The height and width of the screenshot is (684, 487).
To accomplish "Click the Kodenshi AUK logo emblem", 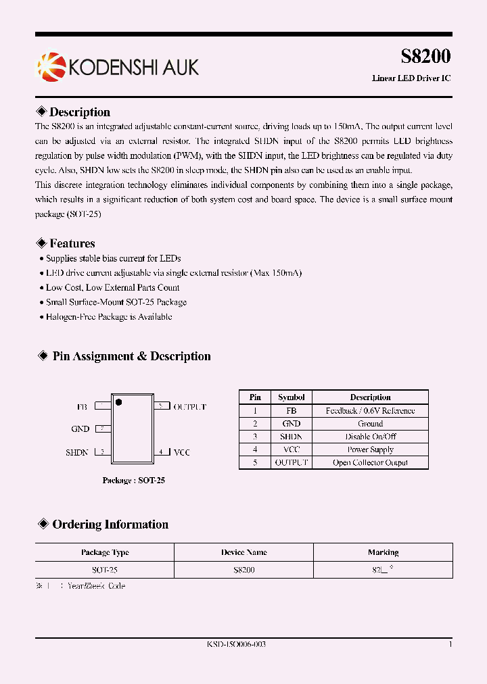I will [x=50, y=66].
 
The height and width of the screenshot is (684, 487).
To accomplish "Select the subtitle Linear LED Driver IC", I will [x=411, y=78].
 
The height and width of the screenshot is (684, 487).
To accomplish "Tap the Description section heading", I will [x=79, y=112].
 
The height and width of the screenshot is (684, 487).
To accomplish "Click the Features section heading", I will [x=72, y=243].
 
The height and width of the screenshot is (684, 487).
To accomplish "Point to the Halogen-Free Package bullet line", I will [x=108, y=317].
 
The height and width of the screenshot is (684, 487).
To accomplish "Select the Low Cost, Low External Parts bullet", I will [x=112, y=288].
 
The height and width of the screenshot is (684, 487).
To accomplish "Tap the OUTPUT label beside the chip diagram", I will [x=189, y=407].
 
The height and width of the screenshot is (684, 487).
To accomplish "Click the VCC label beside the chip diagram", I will [x=183, y=451].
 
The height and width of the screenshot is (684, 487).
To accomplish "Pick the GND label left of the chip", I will [x=80, y=429].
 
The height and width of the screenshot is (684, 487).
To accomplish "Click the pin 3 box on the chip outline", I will [x=102, y=451].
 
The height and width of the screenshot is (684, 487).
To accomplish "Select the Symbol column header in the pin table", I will [x=292, y=397].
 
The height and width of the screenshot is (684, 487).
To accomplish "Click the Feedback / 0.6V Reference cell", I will [x=370, y=411].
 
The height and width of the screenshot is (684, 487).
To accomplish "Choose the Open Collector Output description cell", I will [x=370, y=463].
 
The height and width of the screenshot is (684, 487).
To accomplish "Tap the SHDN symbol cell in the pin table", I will [x=292, y=437].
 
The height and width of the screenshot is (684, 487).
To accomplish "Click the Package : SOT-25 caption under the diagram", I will [x=133, y=481].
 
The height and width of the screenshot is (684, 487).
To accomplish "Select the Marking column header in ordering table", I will [x=383, y=553].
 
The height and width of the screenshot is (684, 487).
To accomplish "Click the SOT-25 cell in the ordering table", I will [x=105, y=570].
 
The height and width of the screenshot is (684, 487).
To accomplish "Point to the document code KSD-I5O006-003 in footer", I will [x=236, y=645].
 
